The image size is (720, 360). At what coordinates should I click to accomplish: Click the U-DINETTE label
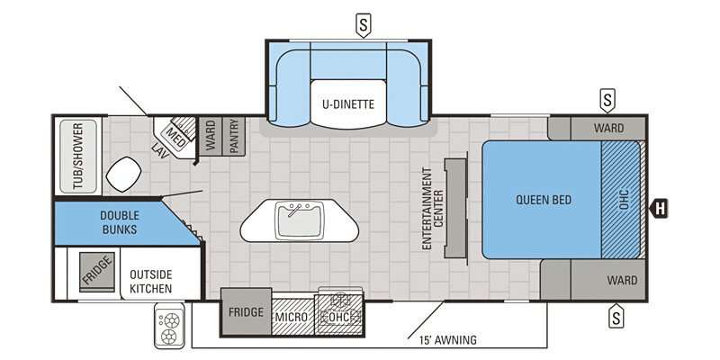pyautogui.click(x=347, y=103)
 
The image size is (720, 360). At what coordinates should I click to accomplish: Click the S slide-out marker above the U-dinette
pyautogui.click(x=363, y=24)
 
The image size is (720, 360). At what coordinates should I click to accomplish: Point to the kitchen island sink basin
pyautogui.click(x=299, y=219)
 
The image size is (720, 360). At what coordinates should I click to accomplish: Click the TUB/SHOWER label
pyautogui.click(x=77, y=157)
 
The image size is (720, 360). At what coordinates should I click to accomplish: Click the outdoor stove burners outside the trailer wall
pyautogui.click(x=169, y=327)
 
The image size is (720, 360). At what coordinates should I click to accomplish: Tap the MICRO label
pyautogui.click(x=292, y=317)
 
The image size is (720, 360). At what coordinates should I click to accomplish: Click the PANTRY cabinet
pyautogui.click(x=233, y=137)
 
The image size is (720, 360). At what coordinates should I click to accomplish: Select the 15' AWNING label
pyautogui.click(x=446, y=340)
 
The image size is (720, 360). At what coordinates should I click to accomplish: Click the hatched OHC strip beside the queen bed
pyautogui.click(x=620, y=200)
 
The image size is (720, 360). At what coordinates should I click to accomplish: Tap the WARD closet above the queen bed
pyautogui.click(x=607, y=128)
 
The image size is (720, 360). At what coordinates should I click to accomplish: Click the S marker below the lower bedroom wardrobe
pyautogui.click(x=616, y=316)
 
